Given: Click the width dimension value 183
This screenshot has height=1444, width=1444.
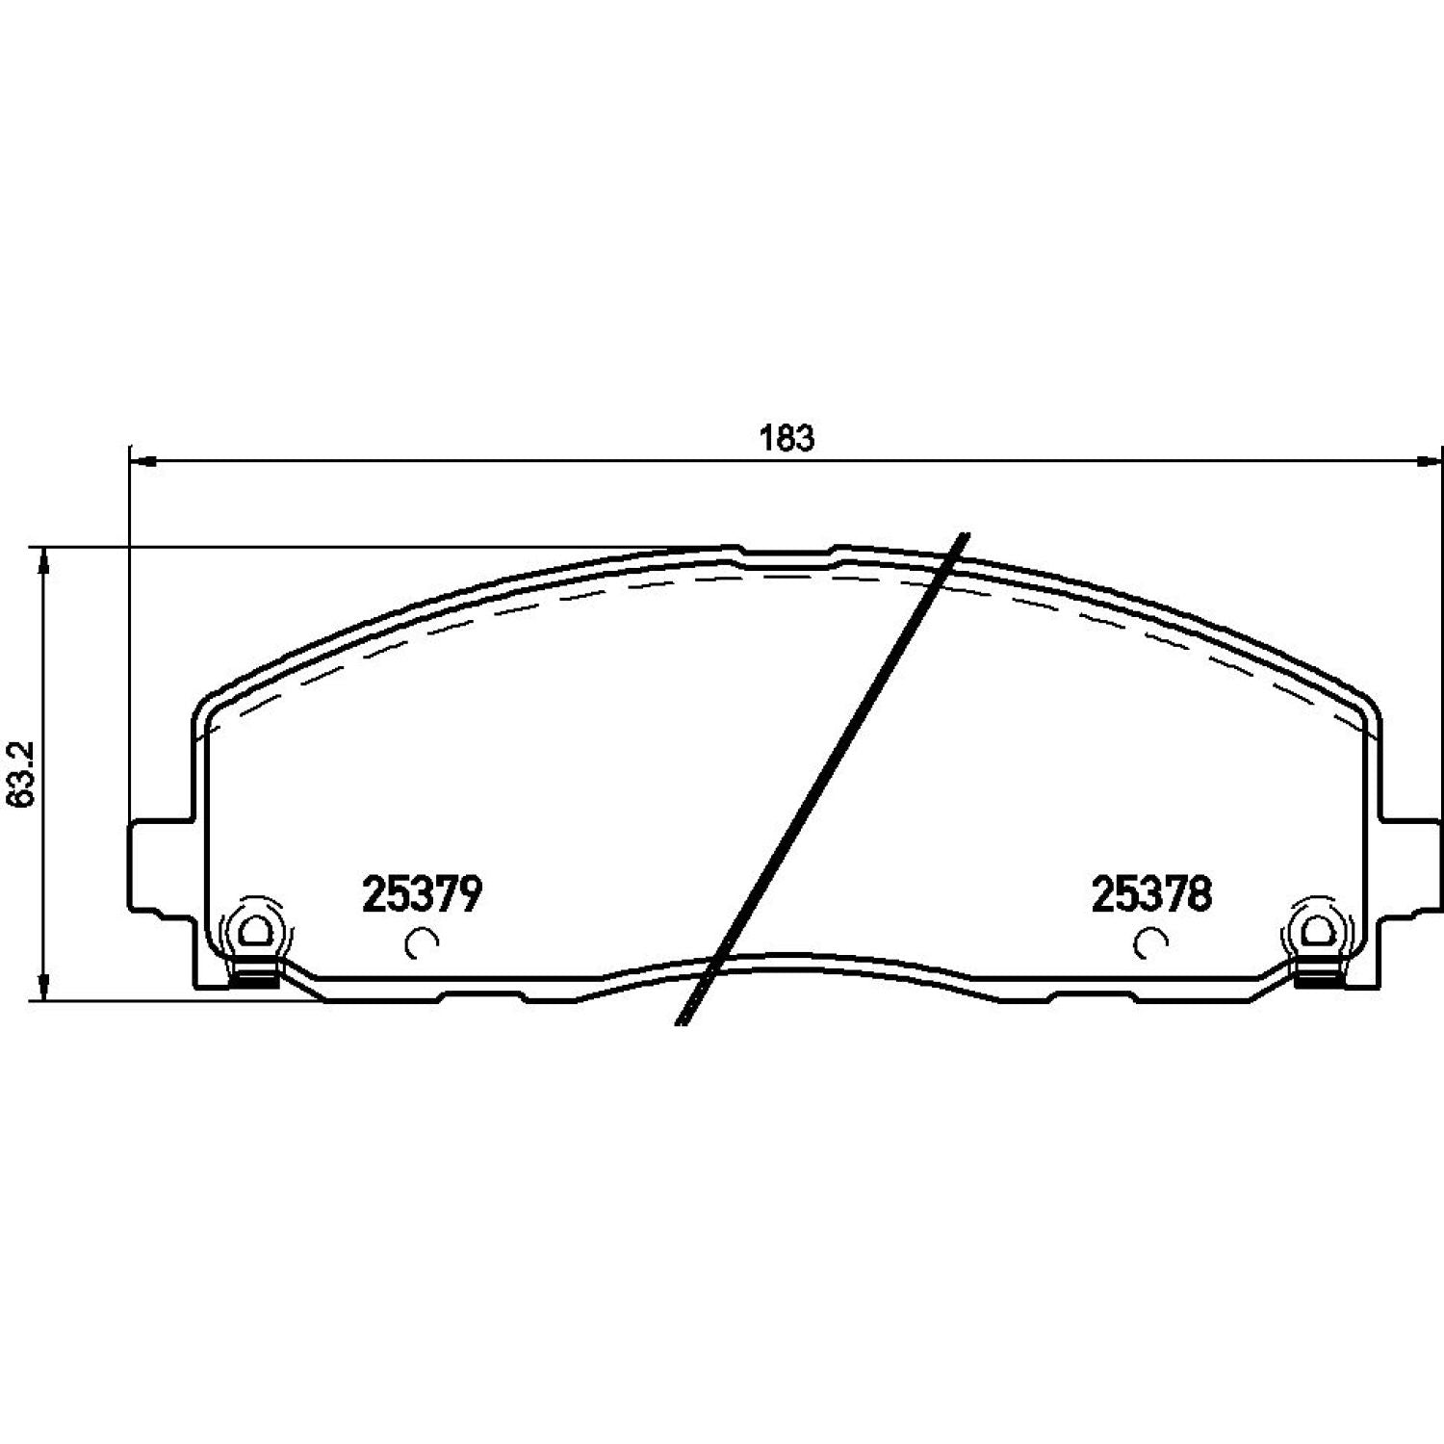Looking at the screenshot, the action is point(787,438).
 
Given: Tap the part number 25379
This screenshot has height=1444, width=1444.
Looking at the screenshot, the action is point(421,895).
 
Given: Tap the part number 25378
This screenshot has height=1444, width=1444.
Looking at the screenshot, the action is point(1150,895).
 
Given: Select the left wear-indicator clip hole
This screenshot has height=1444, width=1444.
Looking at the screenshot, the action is point(255,930).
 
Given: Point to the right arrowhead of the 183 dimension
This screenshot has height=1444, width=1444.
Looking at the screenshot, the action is point(1430,461).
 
